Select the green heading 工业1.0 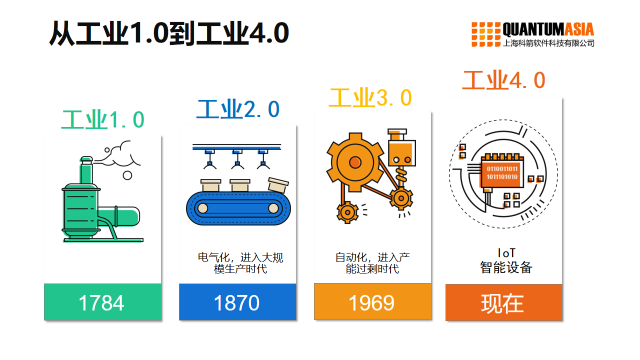(x=103, y=121)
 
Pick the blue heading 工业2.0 (x=238, y=109)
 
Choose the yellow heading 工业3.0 (x=370, y=97)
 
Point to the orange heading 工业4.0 (x=504, y=80)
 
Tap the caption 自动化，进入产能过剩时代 (x=371, y=262)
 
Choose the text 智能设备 (x=505, y=268)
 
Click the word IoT (x=505, y=252)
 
